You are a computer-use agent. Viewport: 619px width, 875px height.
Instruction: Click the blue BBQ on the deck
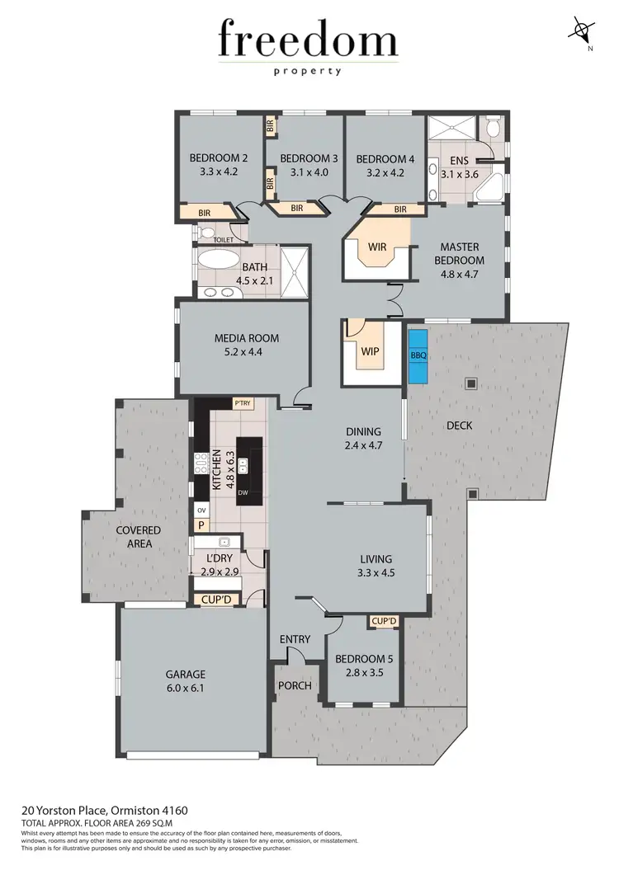(418, 355)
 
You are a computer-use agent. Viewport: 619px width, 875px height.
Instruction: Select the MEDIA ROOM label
(247, 337)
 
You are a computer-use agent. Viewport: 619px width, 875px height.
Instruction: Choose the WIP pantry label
(369, 350)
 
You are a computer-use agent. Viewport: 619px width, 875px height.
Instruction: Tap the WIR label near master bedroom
(377, 247)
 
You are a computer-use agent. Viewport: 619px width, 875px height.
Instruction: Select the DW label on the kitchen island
(243, 493)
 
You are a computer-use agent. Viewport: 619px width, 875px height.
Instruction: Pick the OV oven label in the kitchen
(201, 510)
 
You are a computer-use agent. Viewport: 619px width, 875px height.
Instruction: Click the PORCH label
(295, 685)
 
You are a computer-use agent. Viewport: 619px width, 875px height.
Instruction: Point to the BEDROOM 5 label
(364, 659)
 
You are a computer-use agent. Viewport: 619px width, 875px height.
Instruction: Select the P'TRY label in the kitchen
(243, 403)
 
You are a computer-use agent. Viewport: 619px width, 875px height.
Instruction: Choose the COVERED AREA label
(139, 537)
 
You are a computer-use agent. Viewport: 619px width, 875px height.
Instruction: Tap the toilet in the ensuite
(493, 128)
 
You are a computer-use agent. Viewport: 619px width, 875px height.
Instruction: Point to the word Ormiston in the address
(115, 811)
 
